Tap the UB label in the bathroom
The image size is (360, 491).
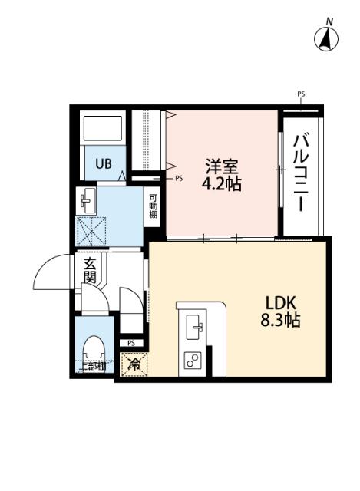coord(102,163)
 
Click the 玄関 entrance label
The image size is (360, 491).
coord(90,272)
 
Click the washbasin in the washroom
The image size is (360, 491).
coord(88,202)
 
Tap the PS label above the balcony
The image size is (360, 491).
coord(301,94)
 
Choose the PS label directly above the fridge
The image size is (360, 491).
coord(132,343)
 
